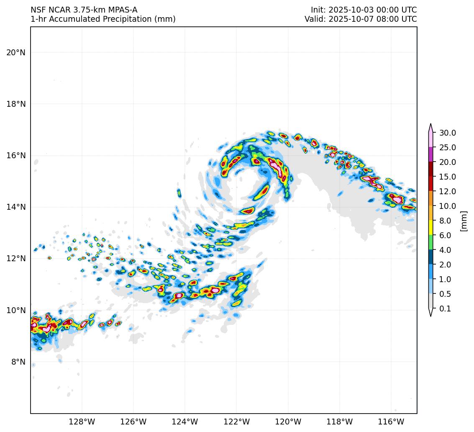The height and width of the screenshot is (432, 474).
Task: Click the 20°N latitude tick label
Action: pyautogui.click(x=15, y=52)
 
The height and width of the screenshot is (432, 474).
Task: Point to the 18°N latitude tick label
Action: pyautogui.click(x=15, y=104)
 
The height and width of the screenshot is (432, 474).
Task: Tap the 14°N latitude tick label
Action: pyautogui.click(x=15, y=207)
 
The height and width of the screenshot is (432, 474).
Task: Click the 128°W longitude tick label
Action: pyautogui.click(x=82, y=422)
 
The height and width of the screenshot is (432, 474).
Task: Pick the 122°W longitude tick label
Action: pyautogui.click(x=236, y=422)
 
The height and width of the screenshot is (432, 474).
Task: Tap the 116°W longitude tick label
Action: pyautogui.click(x=391, y=422)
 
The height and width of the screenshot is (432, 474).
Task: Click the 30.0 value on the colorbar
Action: pyautogui.click(x=447, y=133)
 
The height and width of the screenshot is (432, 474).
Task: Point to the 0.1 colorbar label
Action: pyautogui.click(x=445, y=309)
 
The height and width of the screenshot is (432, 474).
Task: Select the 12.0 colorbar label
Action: pyautogui.click(x=447, y=191)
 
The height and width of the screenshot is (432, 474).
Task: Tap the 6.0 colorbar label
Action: pyautogui.click(x=445, y=235)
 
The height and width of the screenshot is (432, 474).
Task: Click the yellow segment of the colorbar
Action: pyautogui.click(x=430, y=228)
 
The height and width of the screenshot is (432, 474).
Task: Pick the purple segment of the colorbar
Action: pyautogui.click(x=430, y=154)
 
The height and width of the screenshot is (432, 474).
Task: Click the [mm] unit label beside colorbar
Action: pyautogui.click(x=463, y=221)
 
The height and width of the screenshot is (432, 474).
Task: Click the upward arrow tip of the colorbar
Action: pyautogui.click(x=430, y=124)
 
